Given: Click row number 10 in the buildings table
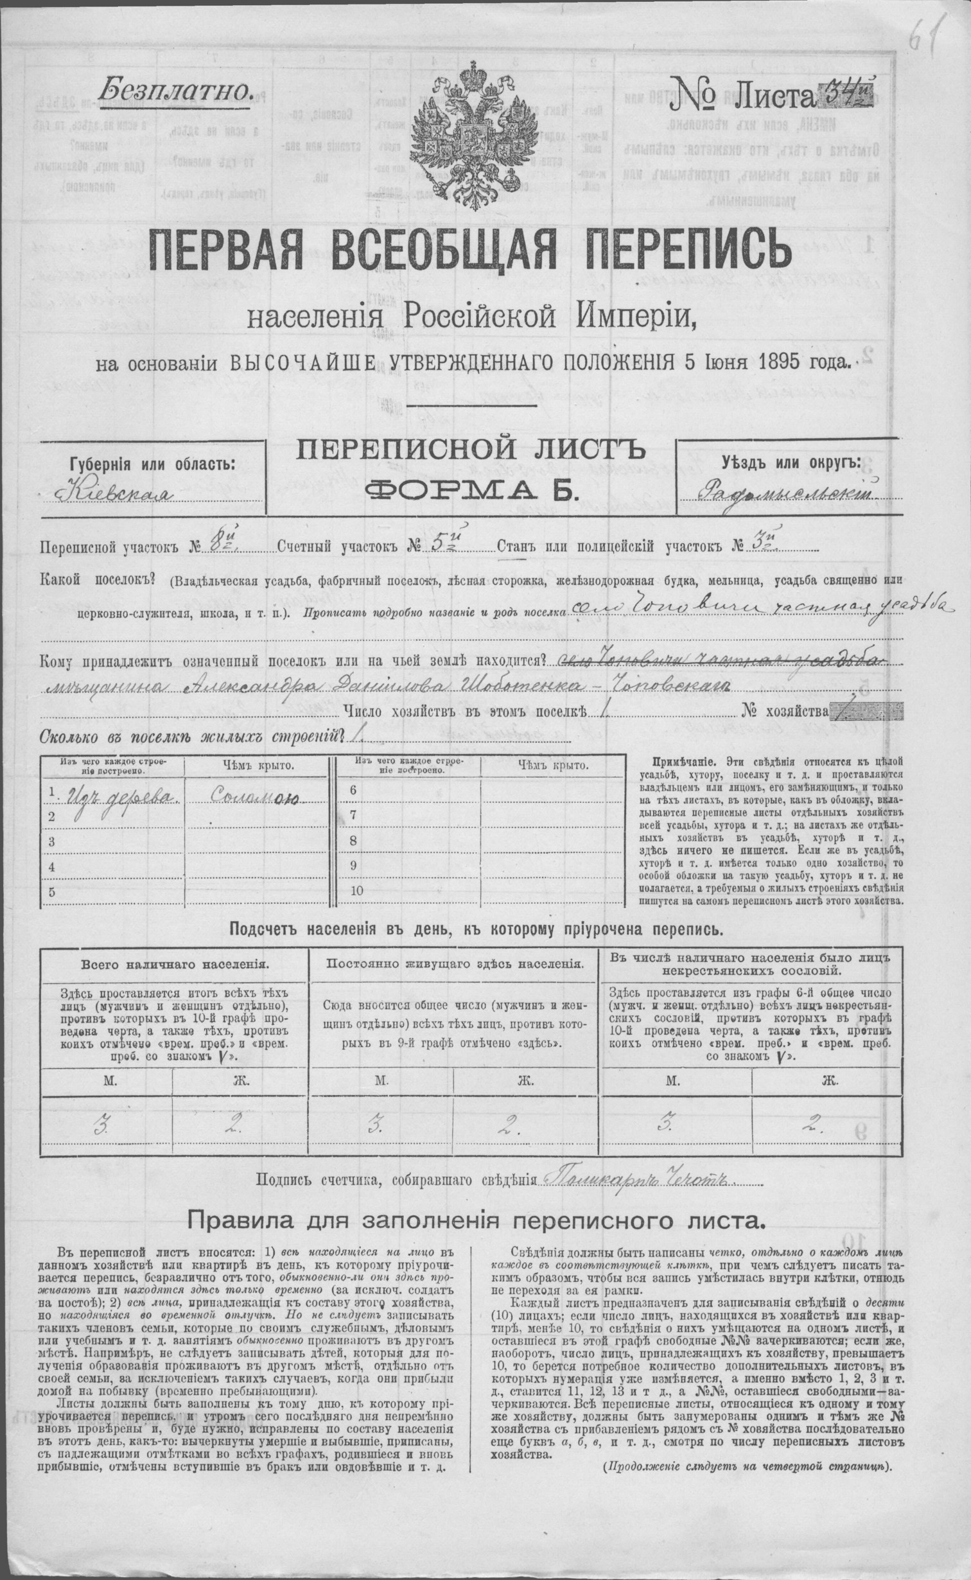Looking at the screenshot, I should tap(358, 890).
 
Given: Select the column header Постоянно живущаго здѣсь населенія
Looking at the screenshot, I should tap(455, 963).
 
